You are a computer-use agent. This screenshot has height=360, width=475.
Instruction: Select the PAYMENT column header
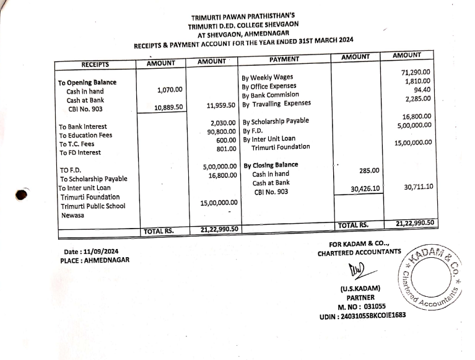point(284,59)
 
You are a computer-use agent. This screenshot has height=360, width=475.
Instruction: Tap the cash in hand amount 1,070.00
point(170,90)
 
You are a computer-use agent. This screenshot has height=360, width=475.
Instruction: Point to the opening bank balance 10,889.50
point(168,108)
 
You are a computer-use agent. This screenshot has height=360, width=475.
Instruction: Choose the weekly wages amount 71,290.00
point(416,72)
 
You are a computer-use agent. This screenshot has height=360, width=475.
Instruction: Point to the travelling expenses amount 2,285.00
point(418,99)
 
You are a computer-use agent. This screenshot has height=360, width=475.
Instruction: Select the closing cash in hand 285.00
point(370,170)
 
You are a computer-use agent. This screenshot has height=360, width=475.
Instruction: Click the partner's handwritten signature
point(358,271)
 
